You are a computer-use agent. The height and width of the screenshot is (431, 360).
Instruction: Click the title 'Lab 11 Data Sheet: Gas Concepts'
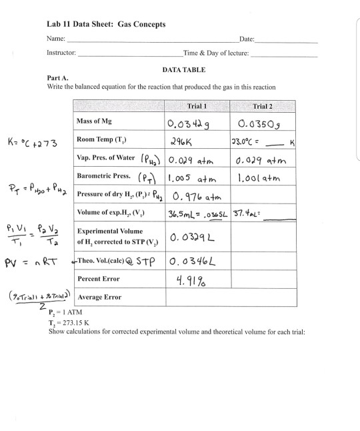tap(106, 25)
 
